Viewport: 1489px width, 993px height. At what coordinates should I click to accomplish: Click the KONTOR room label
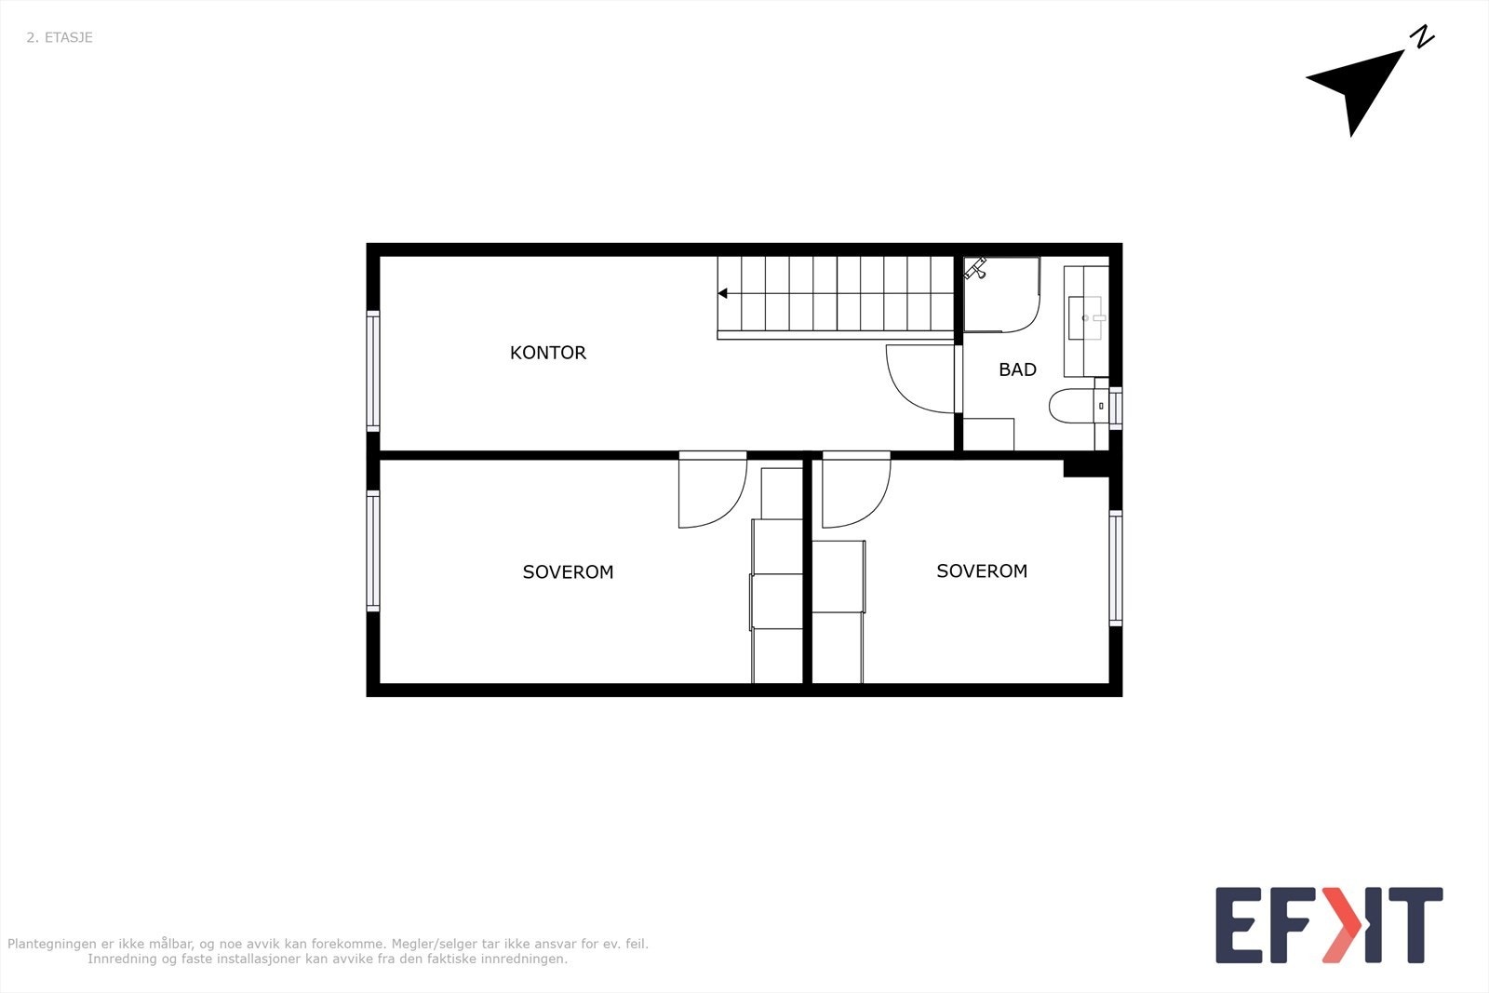pyautogui.click(x=548, y=353)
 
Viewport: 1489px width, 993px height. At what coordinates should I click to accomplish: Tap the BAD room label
pyautogui.click(x=1017, y=369)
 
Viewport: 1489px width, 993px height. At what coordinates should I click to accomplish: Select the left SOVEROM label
pyautogui.click(x=568, y=572)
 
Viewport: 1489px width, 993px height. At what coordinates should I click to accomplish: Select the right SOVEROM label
pyautogui.click(x=982, y=571)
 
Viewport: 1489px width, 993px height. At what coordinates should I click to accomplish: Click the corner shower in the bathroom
pyautogui.click(x=999, y=294)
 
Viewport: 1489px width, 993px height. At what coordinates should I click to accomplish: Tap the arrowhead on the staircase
pyautogui.click(x=723, y=294)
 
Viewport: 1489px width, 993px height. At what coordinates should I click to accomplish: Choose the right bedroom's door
pyautogui.click(x=854, y=490)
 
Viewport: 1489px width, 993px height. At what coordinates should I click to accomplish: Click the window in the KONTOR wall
pyautogui.click(x=373, y=369)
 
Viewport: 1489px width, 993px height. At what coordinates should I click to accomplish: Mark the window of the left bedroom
pyautogui.click(x=373, y=551)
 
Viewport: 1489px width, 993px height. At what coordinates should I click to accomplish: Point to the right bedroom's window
pyautogui.click(x=1116, y=568)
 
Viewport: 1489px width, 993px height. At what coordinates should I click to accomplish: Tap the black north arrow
pyautogui.click(x=1361, y=88)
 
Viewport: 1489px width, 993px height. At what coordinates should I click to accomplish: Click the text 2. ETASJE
pyautogui.click(x=60, y=38)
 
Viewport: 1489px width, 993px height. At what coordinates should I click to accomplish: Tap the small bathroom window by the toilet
pyautogui.click(x=1115, y=408)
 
